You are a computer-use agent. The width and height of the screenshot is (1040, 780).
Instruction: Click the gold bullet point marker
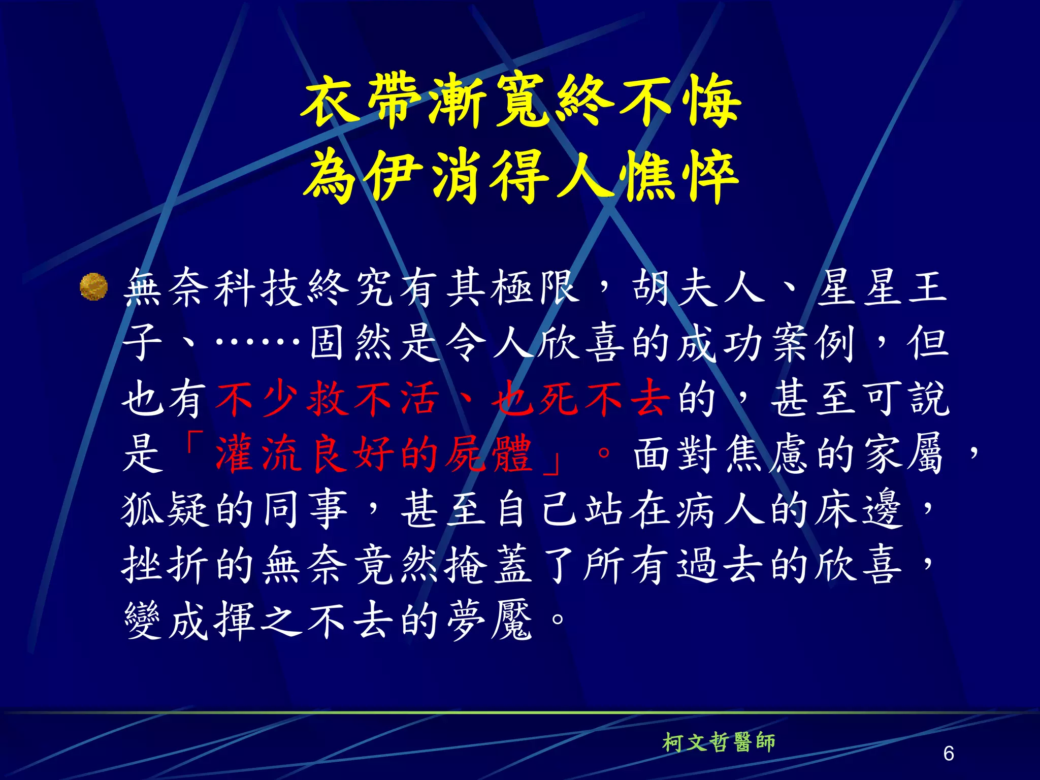[x=94, y=287]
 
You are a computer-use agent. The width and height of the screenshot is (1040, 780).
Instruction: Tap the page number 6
[x=948, y=753]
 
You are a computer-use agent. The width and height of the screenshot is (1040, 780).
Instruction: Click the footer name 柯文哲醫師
[x=719, y=742]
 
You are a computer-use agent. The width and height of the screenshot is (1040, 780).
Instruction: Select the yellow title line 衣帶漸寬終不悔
[x=520, y=101]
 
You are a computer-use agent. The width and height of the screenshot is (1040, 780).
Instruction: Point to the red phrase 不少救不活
[x=327, y=399]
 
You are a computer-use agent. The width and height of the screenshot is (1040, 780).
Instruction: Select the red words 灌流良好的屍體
[x=373, y=453]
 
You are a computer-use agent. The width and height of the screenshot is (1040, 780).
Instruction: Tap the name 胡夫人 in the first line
[x=698, y=287]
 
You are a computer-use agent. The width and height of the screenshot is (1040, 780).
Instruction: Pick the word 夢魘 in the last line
[x=490, y=621]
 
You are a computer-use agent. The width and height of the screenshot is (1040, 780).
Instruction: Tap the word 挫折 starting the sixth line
[x=165, y=565]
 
